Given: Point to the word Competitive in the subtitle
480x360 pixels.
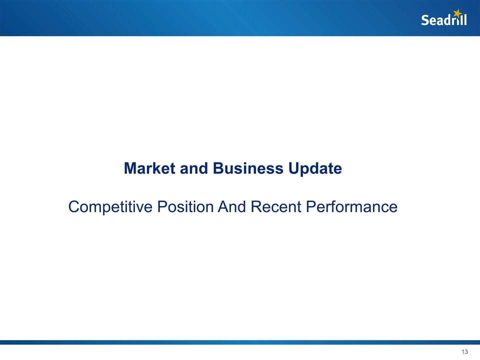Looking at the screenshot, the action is pyautogui.click(x=108, y=206).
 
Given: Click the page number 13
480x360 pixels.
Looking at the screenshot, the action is pyautogui.click(x=464, y=352).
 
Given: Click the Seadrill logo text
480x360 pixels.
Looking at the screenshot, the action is pyautogui.click(x=444, y=20).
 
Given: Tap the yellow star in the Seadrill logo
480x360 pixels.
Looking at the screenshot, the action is pyautogui.click(x=457, y=13).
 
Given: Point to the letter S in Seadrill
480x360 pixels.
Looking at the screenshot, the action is pyautogui.click(x=425, y=20).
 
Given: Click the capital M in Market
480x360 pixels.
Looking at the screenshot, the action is pyautogui.click(x=131, y=168).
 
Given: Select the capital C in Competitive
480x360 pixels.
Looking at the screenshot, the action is pyautogui.click(x=74, y=206).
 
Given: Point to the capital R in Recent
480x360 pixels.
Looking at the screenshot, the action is pyautogui.click(x=256, y=206).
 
